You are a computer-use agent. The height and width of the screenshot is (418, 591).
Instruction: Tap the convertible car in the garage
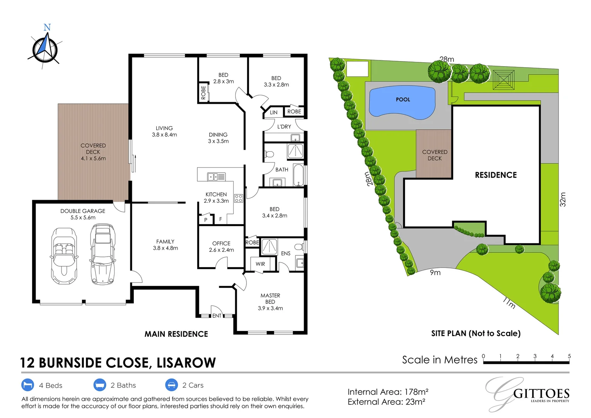[x=64, y=255]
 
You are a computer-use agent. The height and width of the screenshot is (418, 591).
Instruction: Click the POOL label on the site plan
[x=403, y=99]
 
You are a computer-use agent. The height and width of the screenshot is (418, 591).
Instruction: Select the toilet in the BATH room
[x=269, y=154]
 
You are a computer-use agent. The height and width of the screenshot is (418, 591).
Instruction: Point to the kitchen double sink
[x=216, y=177]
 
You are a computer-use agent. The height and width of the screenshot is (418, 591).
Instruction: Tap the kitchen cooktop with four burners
[x=238, y=199]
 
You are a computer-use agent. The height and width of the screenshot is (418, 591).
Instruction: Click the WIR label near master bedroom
[x=260, y=264]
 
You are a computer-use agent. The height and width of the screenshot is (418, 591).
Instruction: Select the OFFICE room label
[x=221, y=243]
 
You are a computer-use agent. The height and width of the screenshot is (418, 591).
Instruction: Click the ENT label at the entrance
[x=217, y=316]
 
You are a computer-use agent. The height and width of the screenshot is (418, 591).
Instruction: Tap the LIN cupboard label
[x=273, y=113]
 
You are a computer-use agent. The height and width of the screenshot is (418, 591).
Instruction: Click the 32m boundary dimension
[x=563, y=199]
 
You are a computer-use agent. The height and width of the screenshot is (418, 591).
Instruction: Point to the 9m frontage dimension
[x=435, y=273]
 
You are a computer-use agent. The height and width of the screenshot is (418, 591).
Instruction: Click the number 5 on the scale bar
[x=569, y=356]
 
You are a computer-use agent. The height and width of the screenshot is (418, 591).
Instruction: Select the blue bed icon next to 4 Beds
[x=27, y=385]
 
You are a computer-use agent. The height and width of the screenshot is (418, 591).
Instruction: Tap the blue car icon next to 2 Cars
[x=171, y=385]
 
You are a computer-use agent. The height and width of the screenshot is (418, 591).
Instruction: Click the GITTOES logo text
[x=541, y=394]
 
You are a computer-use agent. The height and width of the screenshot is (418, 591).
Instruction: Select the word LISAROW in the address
[x=186, y=363]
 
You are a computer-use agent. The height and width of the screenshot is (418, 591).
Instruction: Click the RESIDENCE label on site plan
[x=495, y=175]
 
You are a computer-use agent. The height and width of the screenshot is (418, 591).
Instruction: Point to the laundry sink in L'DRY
[x=295, y=138]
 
